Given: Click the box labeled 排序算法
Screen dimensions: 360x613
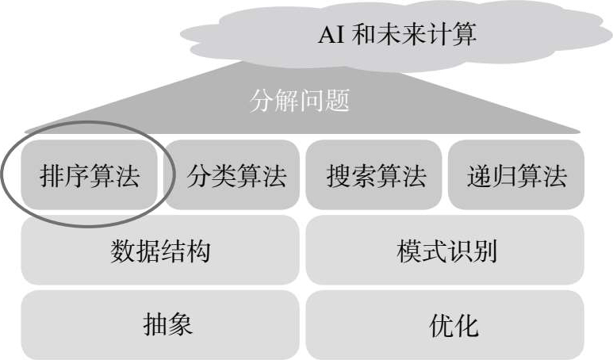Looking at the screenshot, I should [x=90, y=175].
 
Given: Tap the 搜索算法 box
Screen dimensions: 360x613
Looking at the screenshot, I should [x=375, y=175].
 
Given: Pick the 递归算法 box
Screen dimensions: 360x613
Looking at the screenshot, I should [x=516, y=175].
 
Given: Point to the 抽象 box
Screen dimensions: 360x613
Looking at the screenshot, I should [x=160, y=324].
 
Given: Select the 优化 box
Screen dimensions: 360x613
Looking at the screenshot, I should [x=446, y=324].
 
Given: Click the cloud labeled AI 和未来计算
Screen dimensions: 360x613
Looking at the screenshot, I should [x=397, y=36].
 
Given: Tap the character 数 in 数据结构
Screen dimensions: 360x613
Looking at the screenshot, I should [x=123, y=251].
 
